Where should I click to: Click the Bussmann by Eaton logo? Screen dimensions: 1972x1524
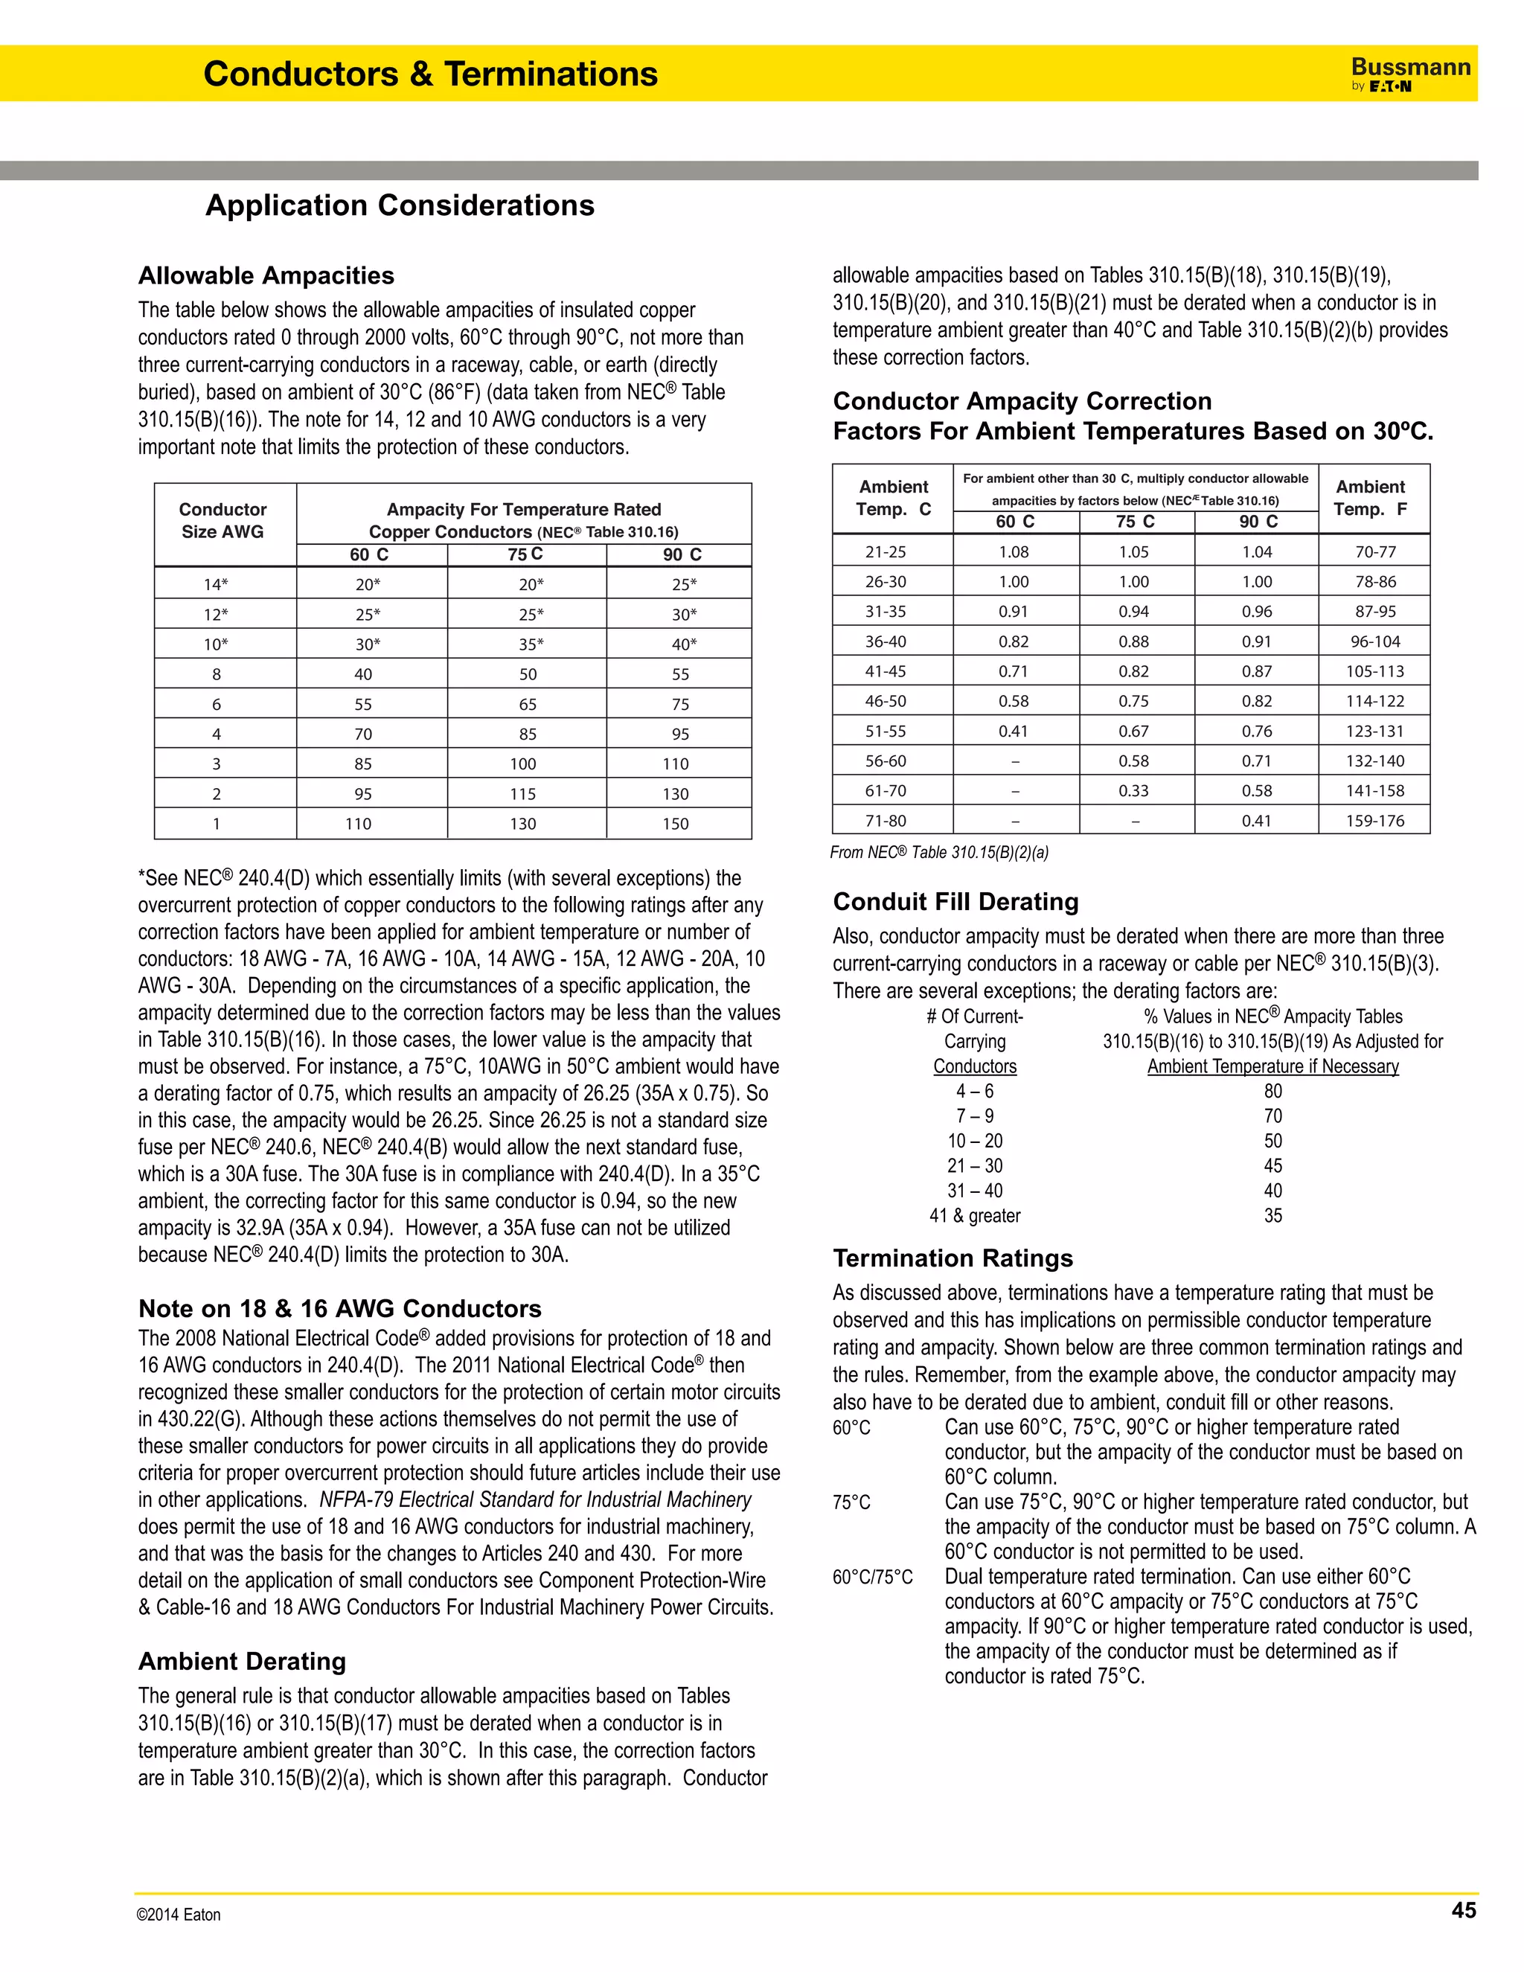click(x=1409, y=74)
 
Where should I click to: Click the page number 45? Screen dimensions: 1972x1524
click(x=1462, y=1910)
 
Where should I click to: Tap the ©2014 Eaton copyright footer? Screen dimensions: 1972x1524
click(x=179, y=1914)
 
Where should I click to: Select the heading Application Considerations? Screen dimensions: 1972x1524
click(x=400, y=206)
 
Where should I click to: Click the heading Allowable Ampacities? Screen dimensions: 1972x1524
click(x=266, y=275)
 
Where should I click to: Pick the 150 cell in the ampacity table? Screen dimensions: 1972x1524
click(x=676, y=824)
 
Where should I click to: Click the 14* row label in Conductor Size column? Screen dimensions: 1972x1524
click(x=216, y=584)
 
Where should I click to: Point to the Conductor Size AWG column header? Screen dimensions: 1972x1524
click(x=223, y=521)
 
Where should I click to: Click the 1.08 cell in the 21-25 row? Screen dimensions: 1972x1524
click(x=1014, y=551)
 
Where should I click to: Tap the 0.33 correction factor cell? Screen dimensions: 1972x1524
click(x=1134, y=791)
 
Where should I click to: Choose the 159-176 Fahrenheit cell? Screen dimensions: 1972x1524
click(x=1375, y=821)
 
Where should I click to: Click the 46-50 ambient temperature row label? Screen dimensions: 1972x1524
click(x=886, y=701)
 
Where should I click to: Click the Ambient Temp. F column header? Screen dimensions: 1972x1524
click(x=1371, y=498)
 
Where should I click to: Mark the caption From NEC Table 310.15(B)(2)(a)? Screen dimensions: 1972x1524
click(x=939, y=852)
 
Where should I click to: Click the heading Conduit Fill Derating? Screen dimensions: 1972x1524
click(x=955, y=902)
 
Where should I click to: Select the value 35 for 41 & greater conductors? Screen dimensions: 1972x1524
click(x=1273, y=1215)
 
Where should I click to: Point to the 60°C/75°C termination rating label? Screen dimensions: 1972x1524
click(x=872, y=1578)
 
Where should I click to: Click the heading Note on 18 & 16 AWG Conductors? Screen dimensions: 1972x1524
click(x=339, y=1309)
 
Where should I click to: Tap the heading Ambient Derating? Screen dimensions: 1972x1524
click(x=242, y=1662)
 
